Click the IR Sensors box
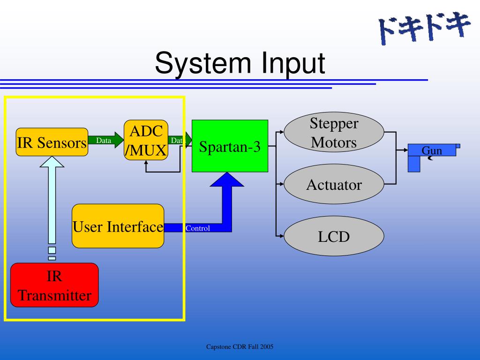[x=52, y=142]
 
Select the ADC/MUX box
[x=146, y=140]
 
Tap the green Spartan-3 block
[x=230, y=146]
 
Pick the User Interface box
[x=118, y=226]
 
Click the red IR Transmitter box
[x=54, y=285]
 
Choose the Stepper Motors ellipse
[x=334, y=132]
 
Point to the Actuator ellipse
[x=334, y=184]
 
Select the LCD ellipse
[x=334, y=236]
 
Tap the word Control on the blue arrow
[x=198, y=228]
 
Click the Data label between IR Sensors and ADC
[x=104, y=141]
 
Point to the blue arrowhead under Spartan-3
[x=227, y=180]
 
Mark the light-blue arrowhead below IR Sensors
[x=52, y=162]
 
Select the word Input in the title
[x=293, y=63]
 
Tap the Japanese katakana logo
[x=424, y=28]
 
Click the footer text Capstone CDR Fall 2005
[x=240, y=347]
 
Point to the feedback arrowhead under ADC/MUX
[x=146, y=163]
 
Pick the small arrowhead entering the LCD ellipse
[x=282, y=236]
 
